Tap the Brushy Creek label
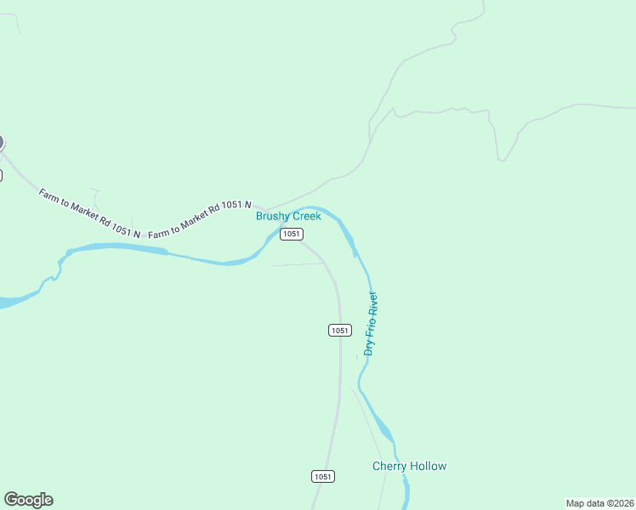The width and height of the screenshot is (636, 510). (x=288, y=216)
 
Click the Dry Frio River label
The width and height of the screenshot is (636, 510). (x=370, y=324)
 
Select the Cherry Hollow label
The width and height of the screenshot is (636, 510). (x=409, y=466)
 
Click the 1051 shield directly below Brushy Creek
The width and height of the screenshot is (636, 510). (x=291, y=234)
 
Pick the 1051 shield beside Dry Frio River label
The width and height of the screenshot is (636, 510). (x=339, y=330)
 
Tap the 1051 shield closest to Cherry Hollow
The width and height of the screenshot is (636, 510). (x=322, y=476)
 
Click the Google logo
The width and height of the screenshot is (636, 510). (x=28, y=500)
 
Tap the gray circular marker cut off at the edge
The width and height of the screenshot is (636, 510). (x=1, y=142)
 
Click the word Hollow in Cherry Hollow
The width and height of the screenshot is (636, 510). (x=428, y=466)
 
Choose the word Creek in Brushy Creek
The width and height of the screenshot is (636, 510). (x=305, y=216)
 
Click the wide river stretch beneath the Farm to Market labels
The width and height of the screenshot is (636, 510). (x=119, y=248)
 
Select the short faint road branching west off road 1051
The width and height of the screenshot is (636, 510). (x=298, y=264)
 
